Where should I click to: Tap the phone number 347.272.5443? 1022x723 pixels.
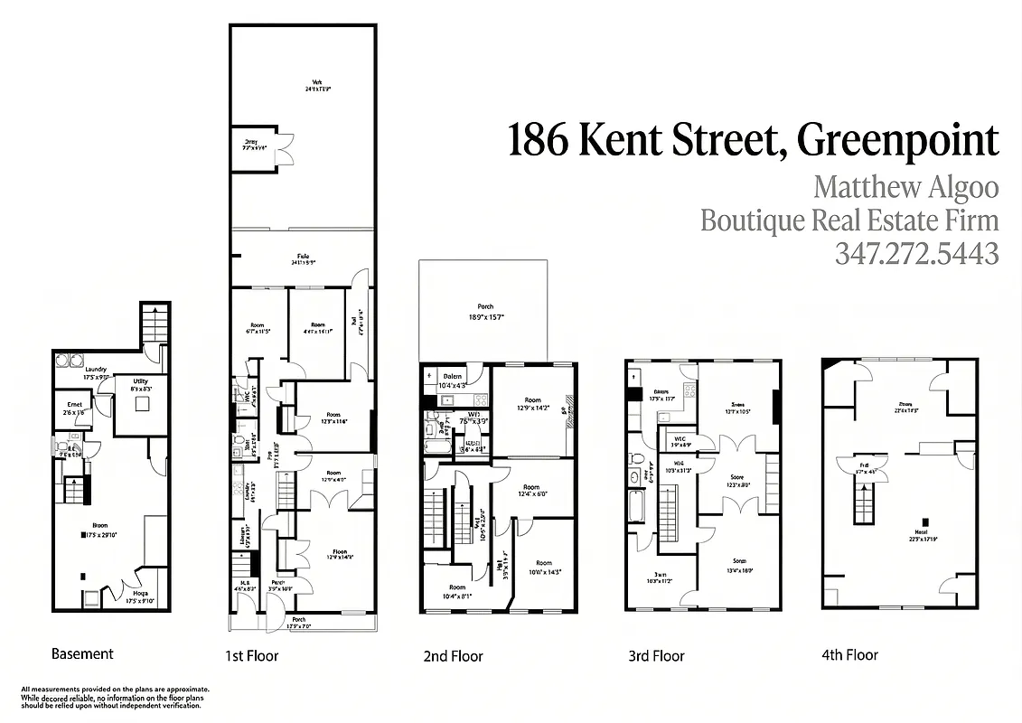(x=916, y=254)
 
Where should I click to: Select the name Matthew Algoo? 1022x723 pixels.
(x=905, y=188)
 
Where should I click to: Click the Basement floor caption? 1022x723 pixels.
(x=82, y=653)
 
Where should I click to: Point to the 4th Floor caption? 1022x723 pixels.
(x=849, y=654)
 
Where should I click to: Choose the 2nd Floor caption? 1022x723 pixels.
(x=453, y=656)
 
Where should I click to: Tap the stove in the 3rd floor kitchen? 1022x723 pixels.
(x=690, y=391)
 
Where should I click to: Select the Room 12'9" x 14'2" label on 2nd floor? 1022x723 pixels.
(x=532, y=404)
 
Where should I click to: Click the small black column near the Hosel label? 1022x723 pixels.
(x=923, y=521)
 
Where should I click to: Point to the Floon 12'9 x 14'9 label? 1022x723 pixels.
(x=339, y=554)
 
